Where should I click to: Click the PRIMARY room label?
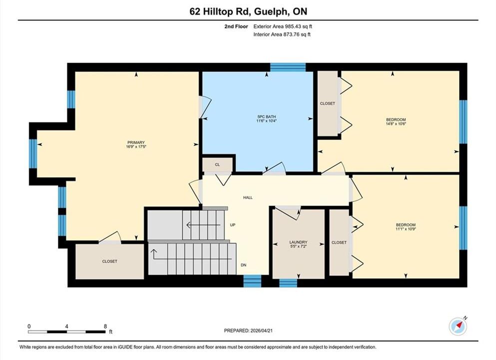[x=136, y=142]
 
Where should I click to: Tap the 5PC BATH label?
[x=266, y=116]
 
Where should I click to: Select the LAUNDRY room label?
[x=298, y=242]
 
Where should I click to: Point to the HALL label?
[x=248, y=197]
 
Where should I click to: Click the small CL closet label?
[x=217, y=164]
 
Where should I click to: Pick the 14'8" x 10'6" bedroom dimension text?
[x=396, y=124]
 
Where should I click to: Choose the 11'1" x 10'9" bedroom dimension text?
[x=406, y=228]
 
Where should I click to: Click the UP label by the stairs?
[x=233, y=225]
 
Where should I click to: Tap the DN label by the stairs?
[x=243, y=265]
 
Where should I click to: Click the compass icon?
[x=458, y=326]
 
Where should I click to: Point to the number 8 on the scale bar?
[x=105, y=326]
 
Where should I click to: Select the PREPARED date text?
[x=248, y=330]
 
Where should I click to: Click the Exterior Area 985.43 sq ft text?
[x=283, y=26]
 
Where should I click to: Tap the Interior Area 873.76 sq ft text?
[x=282, y=34]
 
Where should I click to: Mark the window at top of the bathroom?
[x=288, y=67]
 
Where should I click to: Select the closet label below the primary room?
[x=110, y=261]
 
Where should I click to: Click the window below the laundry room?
[x=288, y=283]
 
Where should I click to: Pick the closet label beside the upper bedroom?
[x=327, y=103]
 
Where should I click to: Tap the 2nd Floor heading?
[x=236, y=26]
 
